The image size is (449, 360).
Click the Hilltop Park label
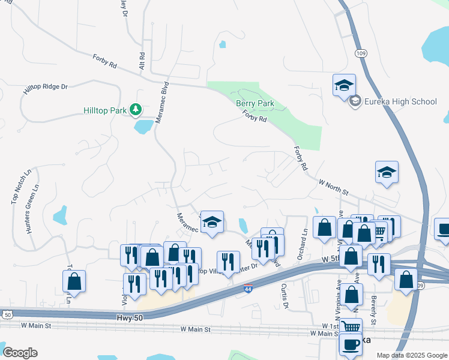pos(105,110)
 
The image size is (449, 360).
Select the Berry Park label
pos(255,104)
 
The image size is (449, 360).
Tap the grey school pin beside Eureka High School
pos(355,101)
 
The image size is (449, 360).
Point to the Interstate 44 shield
pos(248,290)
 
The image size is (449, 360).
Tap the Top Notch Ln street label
pos(21,186)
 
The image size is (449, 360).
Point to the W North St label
pos(333,186)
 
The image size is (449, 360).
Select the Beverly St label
pos(373,310)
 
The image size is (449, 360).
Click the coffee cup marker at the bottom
pos(351,344)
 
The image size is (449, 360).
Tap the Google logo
pos(20,353)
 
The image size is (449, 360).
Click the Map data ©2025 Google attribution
pos(412,355)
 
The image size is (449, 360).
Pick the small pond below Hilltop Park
pos(143,127)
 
